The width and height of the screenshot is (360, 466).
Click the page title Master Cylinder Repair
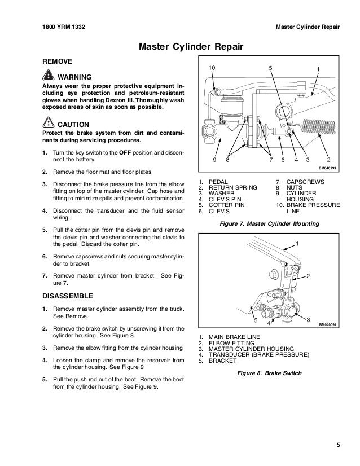coord(180,45)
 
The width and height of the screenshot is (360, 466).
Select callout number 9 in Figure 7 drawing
coord(214,160)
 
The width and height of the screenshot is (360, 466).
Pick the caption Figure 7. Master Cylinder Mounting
coord(269,224)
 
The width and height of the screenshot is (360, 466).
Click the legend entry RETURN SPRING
coord(233,187)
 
